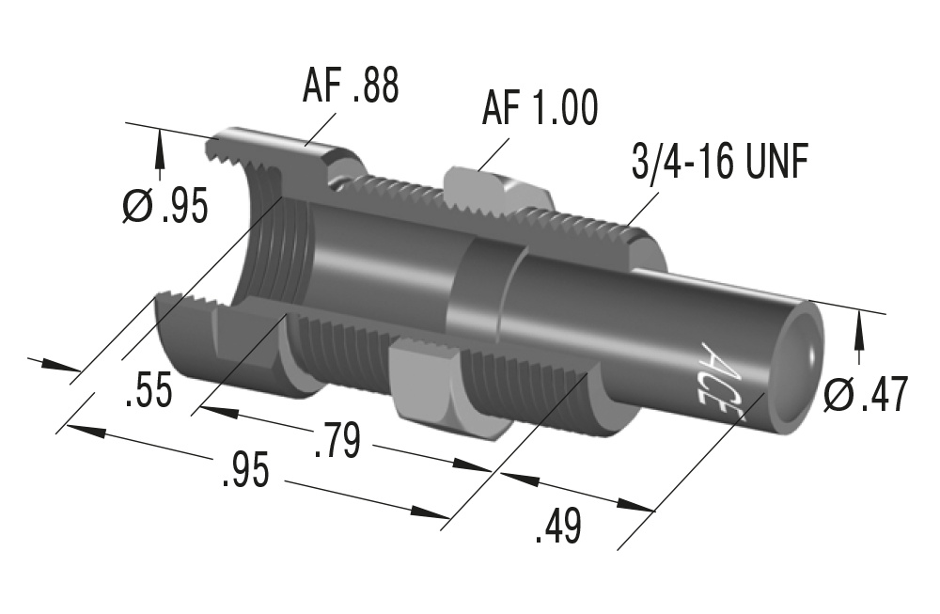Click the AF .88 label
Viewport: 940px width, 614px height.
351,87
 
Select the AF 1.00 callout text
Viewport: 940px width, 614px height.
540,108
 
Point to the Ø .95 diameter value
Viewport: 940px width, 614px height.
165,207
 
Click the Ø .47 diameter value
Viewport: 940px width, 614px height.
865,396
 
